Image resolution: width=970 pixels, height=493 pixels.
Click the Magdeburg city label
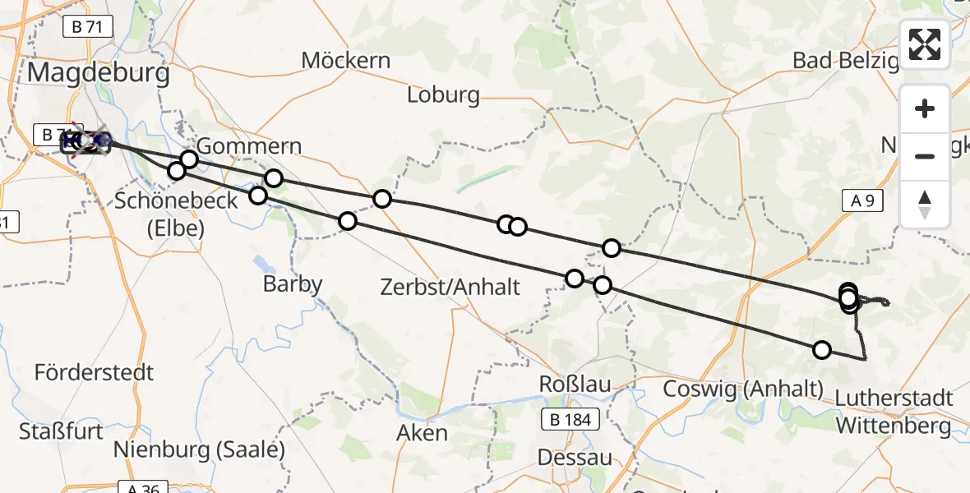click(99, 73)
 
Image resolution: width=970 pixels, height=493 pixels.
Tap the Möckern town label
click(345, 60)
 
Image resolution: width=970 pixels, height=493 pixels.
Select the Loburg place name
click(443, 95)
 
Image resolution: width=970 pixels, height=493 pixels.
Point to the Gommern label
click(250, 146)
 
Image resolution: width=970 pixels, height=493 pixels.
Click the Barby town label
click(293, 284)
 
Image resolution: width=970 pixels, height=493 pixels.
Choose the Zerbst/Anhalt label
click(450, 287)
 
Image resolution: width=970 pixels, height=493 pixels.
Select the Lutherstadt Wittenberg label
click(894, 412)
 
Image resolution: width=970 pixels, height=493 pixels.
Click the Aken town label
click(422, 433)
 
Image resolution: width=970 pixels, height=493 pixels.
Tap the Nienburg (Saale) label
click(199, 450)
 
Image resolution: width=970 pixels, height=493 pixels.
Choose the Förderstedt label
click(94, 372)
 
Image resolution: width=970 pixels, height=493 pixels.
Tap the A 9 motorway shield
click(861, 200)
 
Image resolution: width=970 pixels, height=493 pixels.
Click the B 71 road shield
click(87, 27)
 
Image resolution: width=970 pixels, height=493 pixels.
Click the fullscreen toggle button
click(925, 44)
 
